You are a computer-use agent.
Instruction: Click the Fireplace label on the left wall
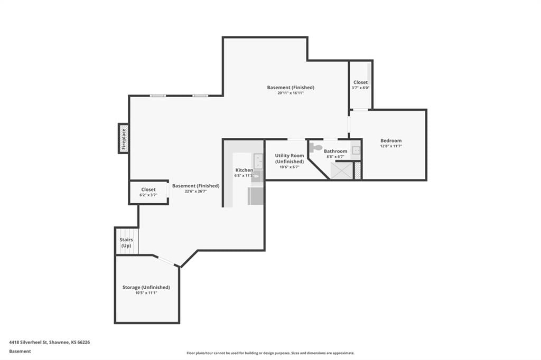pyautogui.click(x=124, y=139)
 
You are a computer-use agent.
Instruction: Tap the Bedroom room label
pyautogui.click(x=391, y=140)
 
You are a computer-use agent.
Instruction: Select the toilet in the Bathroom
pyautogui.click(x=315, y=148)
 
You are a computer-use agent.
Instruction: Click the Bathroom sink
pyautogui.click(x=356, y=150)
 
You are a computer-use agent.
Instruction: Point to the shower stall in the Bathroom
pyautogui.click(x=342, y=170)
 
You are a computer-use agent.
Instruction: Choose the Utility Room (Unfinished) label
pyautogui.click(x=290, y=158)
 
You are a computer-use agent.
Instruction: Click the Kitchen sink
pyautogui.click(x=258, y=161)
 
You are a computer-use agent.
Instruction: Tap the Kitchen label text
pyautogui.click(x=244, y=170)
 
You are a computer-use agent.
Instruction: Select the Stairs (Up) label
pyautogui.click(x=126, y=242)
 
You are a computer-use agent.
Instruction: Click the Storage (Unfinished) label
pyautogui.click(x=146, y=287)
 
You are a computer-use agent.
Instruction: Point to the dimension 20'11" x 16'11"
pyautogui.click(x=291, y=93)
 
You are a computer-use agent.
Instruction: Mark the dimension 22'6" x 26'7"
pyautogui.click(x=195, y=191)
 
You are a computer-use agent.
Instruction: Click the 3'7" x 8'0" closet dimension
pyautogui.click(x=360, y=88)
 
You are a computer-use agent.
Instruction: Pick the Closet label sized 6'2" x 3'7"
pyautogui.click(x=148, y=190)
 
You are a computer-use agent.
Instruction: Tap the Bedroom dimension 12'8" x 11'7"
pyautogui.click(x=391, y=146)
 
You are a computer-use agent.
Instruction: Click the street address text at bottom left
pyautogui.click(x=49, y=342)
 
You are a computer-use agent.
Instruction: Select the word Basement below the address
pyautogui.click(x=20, y=351)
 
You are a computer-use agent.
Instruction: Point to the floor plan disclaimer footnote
pyautogui.click(x=270, y=353)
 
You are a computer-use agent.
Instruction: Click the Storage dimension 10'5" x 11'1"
pyautogui.click(x=146, y=293)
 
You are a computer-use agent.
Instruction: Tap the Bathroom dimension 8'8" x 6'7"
pyautogui.click(x=335, y=157)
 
